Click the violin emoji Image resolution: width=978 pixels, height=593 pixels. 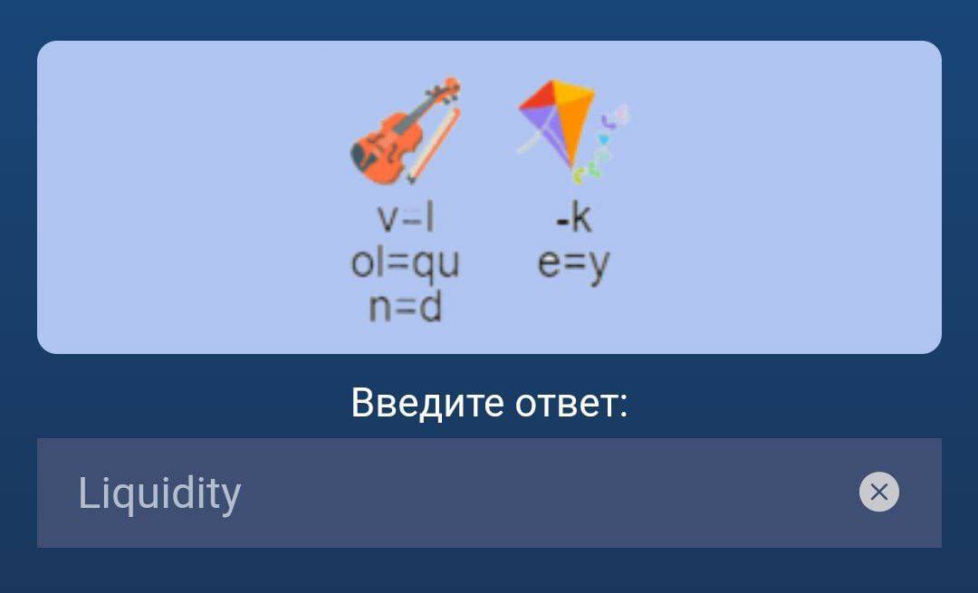pyautogui.click(x=406, y=131)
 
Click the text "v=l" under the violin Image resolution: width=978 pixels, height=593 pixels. pyautogui.click(x=406, y=218)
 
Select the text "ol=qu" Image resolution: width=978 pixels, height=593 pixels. pyautogui.click(x=406, y=263)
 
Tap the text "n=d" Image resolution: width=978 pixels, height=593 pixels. pyautogui.click(x=406, y=307)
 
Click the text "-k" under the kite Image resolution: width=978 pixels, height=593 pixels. pyautogui.click(x=573, y=217)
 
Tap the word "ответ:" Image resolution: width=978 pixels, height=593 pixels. pyautogui.click(x=571, y=404)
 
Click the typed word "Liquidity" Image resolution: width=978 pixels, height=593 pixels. pyautogui.click(x=159, y=494)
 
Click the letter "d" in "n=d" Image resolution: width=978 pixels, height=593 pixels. pyautogui.click(x=430, y=307)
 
